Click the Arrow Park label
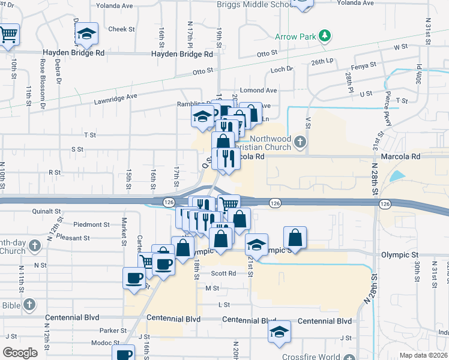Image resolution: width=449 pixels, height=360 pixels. click(295, 37)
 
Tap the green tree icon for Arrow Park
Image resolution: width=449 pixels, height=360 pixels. click(324, 36)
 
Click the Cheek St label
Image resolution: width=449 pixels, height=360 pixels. click(121, 29)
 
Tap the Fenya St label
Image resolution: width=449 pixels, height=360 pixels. click(363, 65)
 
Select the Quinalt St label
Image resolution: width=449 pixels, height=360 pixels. click(47, 211)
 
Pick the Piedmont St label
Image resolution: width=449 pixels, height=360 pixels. click(92, 225)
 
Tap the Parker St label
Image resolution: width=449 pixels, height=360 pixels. click(113, 331)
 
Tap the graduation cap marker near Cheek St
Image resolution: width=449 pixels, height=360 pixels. click(88, 34)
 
